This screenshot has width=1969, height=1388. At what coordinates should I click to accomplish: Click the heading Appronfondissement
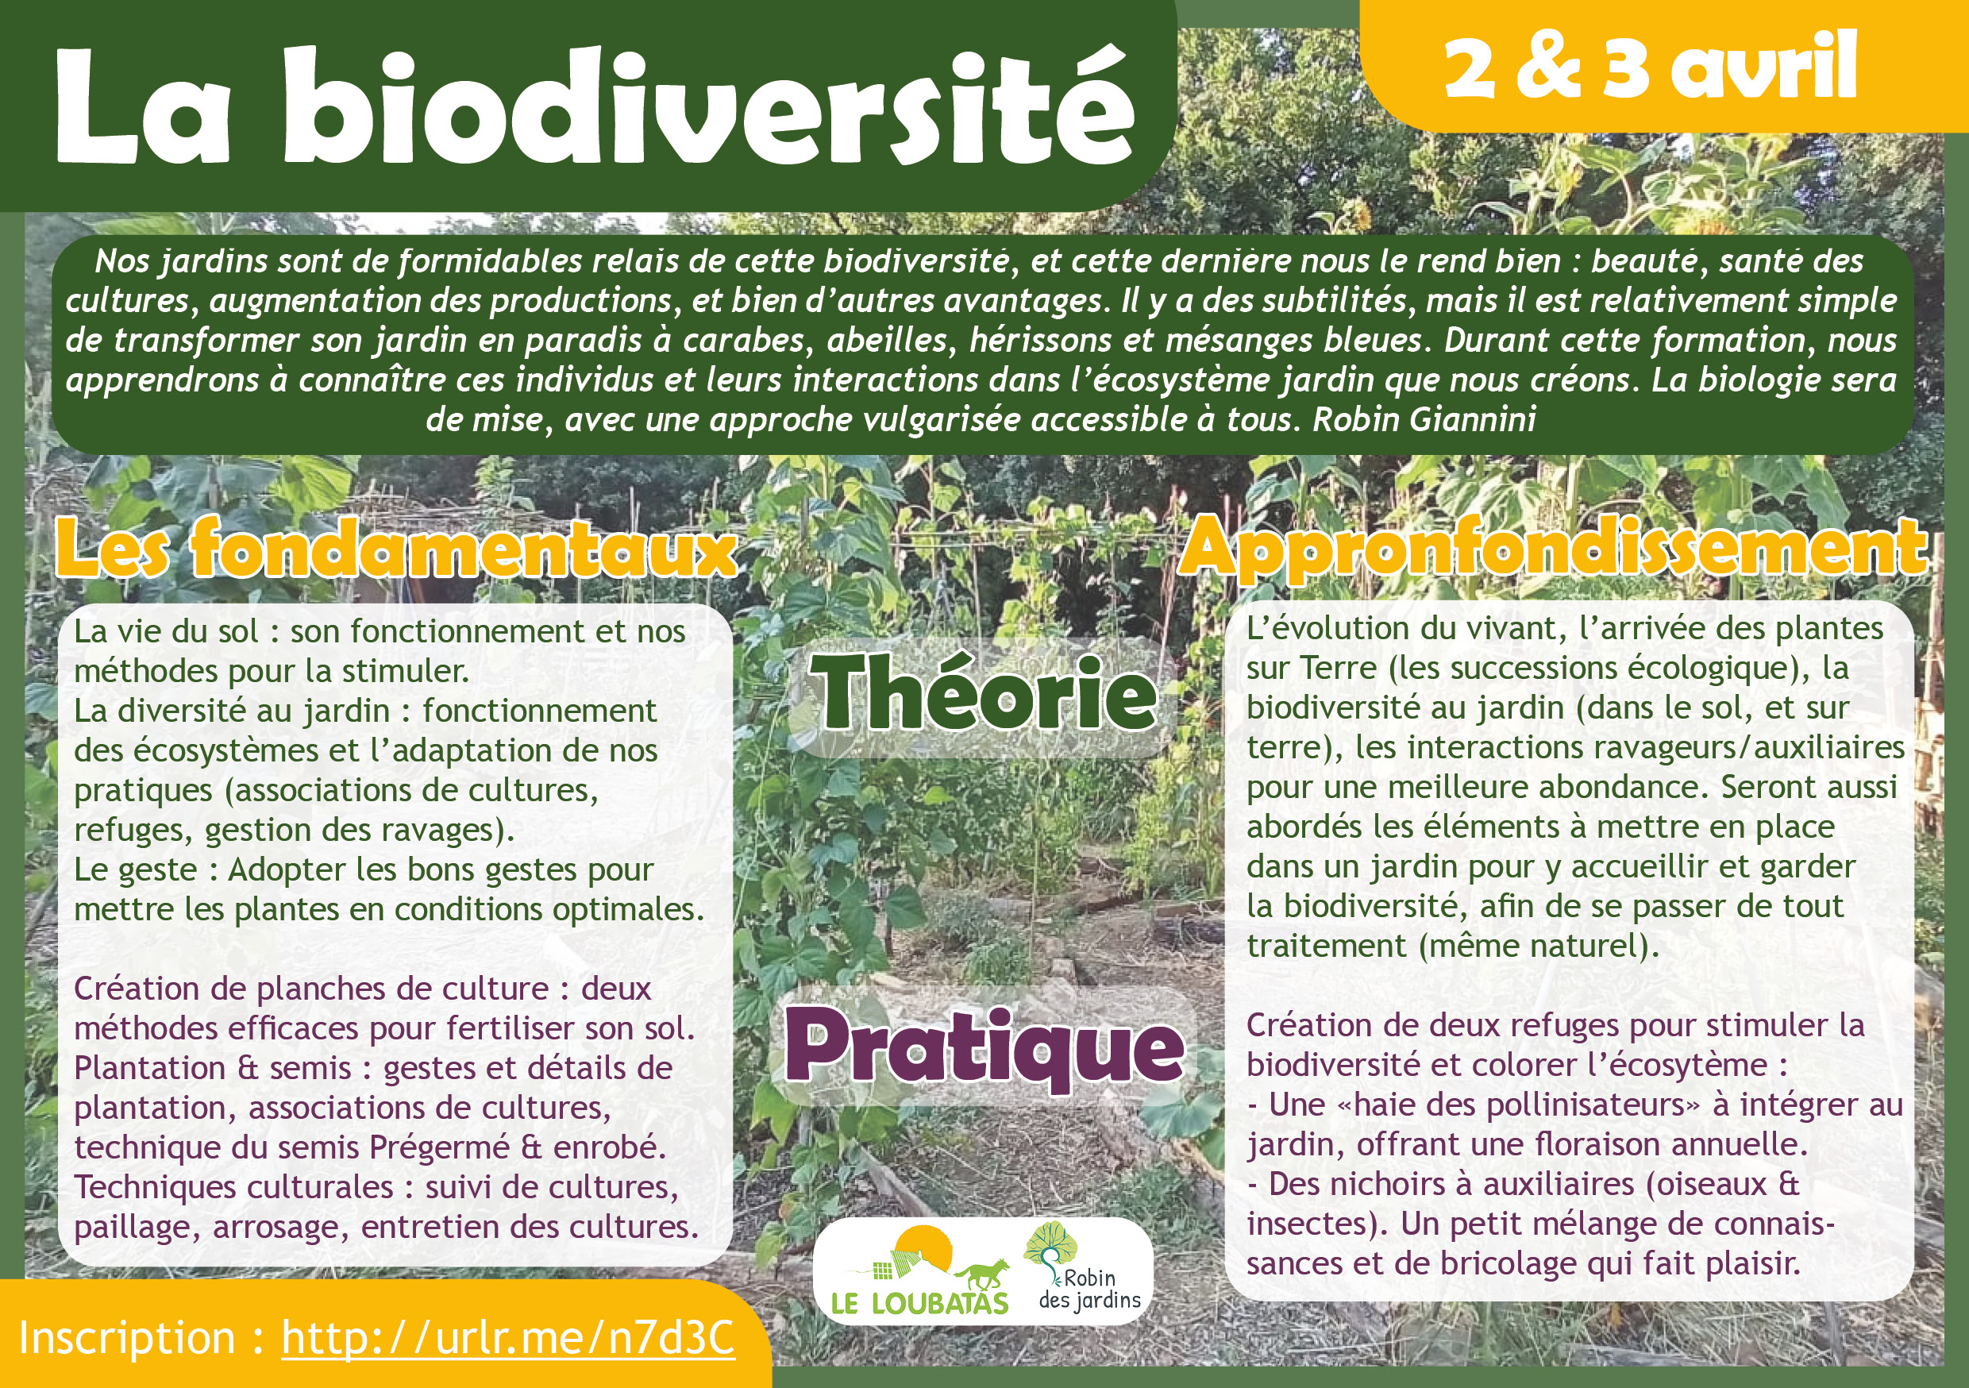[1553, 549]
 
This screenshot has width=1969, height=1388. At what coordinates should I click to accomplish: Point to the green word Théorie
[984, 693]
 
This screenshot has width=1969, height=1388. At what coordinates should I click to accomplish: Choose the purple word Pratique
[984, 1050]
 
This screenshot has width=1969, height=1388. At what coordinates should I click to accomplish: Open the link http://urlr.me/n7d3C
[507, 1338]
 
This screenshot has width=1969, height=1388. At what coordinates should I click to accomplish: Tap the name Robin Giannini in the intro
[1424, 419]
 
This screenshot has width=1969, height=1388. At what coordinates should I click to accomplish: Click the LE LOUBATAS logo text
[919, 1303]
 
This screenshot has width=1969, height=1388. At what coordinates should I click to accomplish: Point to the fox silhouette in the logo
[980, 1273]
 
